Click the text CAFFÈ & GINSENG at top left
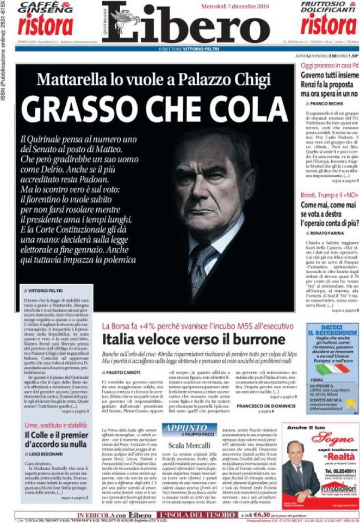45,8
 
